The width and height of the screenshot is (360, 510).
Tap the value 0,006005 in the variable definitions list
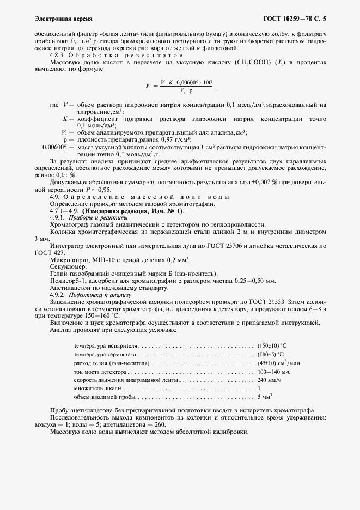coord(54,147)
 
